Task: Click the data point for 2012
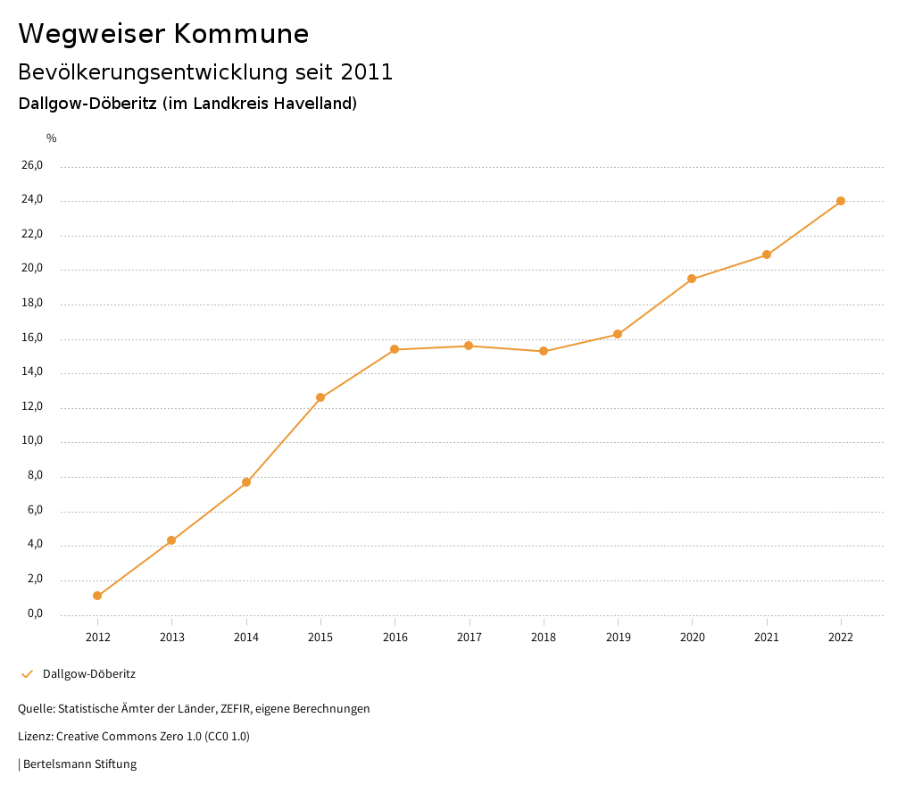coord(97,596)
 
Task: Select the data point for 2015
coord(320,397)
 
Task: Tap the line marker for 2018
coord(544,351)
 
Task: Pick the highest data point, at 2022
coord(841,201)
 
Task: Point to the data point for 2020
coord(692,279)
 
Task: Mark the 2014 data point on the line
coord(246,482)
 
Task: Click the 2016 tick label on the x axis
coord(395,637)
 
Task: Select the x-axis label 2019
coord(618,637)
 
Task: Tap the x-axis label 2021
coord(767,637)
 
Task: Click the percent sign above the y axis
coord(52,138)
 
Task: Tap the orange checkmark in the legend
coord(27,674)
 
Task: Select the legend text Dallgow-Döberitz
coord(89,674)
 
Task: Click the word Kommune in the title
coord(241,34)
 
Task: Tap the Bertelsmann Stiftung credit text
coord(79,764)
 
